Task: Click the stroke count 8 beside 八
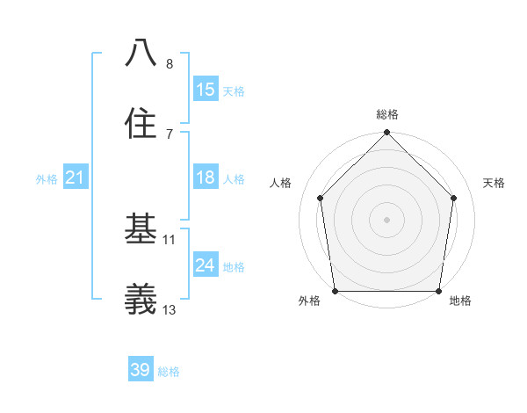[x=170, y=63]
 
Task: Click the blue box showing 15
[x=206, y=90]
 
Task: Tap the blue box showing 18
[x=206, y=178]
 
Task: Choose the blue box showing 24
[x=206, y=265]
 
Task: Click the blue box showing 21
[x=76, y=178]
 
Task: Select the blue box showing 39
[x=141, y=370]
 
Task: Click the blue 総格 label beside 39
[x=169, y=372]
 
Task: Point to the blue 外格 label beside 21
[x=47, y=179]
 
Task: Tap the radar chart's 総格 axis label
[x=387, y=114]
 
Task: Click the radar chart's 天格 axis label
[x=495, y=183]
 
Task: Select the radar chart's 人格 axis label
[x=281, y=183]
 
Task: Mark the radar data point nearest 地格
[x=438, y=291]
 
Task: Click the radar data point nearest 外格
[x=336, y=291]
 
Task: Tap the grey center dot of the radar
[x=387, y=219]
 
